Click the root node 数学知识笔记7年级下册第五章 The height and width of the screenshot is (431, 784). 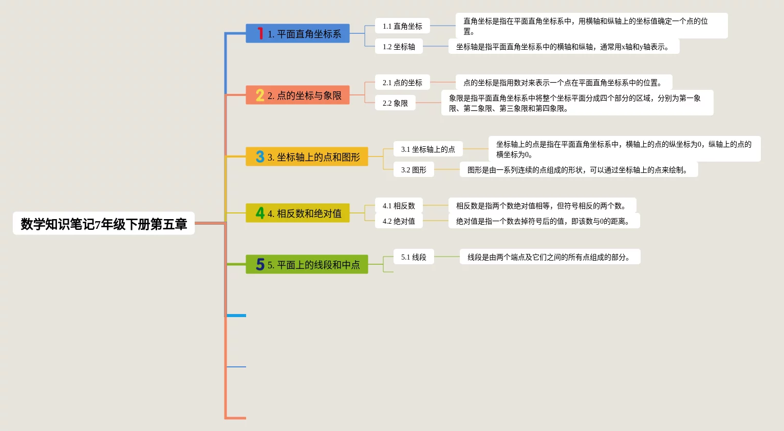103,224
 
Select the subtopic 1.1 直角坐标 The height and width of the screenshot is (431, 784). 402,26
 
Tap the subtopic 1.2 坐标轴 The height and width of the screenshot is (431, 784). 399,47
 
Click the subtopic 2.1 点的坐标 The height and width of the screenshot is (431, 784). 402,83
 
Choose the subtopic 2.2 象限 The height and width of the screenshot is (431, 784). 395,103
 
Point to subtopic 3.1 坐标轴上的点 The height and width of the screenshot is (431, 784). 428,149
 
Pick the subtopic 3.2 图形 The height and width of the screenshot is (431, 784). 414,170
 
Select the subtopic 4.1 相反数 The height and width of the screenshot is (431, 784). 399,206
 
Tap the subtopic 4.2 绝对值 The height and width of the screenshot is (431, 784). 399,221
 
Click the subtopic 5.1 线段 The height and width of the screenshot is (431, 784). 414,257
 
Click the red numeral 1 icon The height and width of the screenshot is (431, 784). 260,33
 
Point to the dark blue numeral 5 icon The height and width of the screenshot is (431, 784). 260,264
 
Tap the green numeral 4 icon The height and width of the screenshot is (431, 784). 260,213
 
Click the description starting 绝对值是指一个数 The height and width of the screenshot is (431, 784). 544,221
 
